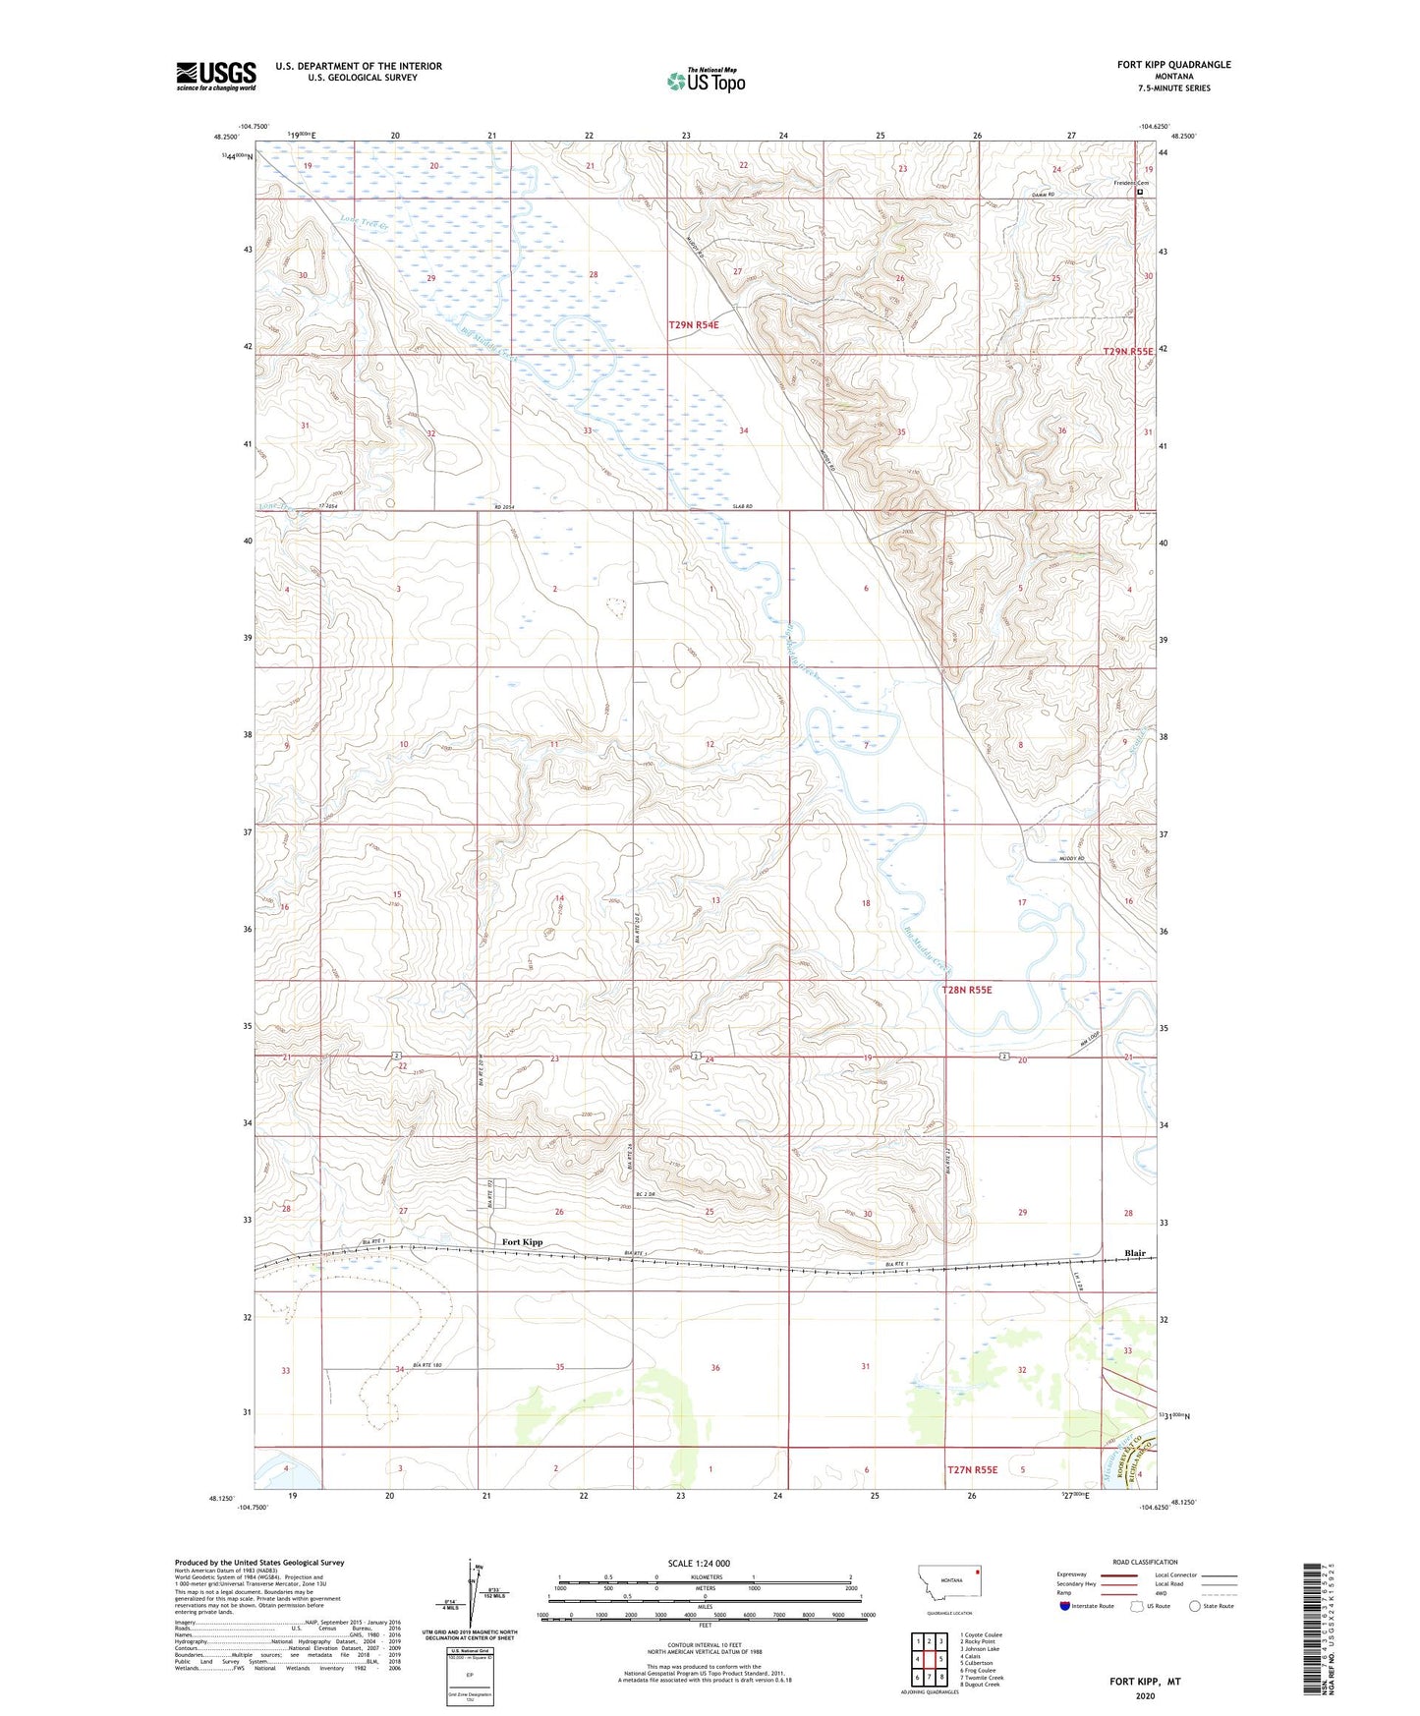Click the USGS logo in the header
click(216, 76)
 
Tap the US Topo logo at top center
click(706, 81)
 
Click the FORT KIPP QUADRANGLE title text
click(1173, 65)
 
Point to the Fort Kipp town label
click(522, 1242)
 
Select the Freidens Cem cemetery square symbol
click(1140, 193)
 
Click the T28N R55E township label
click(967, 990)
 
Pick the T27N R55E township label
click(972, 1469)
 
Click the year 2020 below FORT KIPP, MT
click(1145, 1695)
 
